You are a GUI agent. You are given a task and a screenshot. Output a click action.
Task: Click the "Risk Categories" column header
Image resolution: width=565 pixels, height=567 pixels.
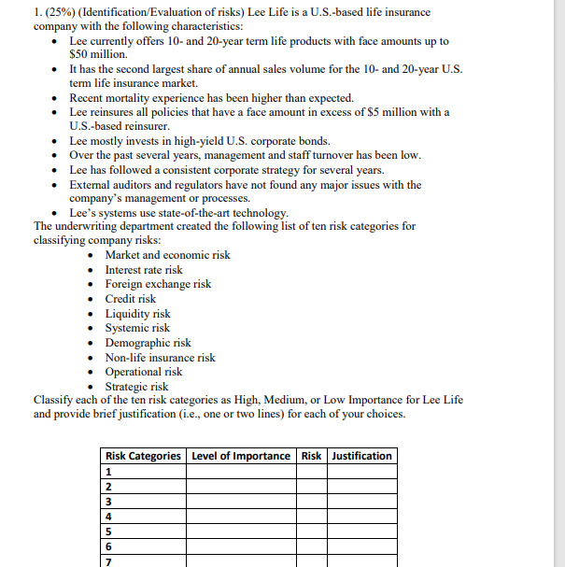pos(143,456)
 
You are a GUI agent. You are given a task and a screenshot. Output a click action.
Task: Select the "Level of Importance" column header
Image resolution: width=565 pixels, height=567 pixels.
pos(241,456)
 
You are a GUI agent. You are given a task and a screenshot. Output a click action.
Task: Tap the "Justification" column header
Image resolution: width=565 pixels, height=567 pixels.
pos(362,456)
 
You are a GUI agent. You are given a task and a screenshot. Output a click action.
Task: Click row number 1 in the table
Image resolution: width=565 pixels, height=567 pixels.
pos(108,472)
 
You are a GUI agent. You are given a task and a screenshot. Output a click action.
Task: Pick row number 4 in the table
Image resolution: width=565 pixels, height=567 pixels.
pos(108,516)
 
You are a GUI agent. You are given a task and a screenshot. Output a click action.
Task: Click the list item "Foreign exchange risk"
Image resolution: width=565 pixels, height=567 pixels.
pos(158,284)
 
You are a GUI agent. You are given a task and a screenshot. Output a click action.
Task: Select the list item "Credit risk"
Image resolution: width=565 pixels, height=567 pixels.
pos(131,299)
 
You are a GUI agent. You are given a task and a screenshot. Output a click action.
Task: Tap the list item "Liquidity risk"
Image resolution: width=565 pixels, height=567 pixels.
pos(137,314)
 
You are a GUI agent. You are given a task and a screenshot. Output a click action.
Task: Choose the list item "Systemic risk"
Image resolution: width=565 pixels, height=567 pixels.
pos(137,328)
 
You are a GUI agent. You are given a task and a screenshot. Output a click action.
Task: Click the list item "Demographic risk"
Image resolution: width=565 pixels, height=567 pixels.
pos(148,343)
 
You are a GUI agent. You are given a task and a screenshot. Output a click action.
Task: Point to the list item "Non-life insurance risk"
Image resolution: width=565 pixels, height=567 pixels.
pos(160,358)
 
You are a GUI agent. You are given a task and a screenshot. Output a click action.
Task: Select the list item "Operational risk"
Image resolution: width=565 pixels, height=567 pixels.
pos(143,372)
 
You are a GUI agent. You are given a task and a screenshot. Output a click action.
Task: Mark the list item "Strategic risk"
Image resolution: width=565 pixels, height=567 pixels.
pos(136,387)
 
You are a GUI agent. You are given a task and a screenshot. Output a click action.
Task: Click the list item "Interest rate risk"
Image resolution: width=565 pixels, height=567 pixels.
pos(144,270)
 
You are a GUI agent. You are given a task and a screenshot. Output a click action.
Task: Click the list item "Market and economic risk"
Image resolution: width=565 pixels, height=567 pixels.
pos(167,255)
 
